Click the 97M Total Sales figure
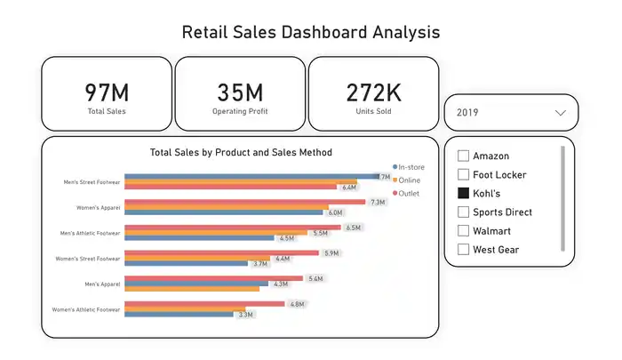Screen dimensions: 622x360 [107, 92]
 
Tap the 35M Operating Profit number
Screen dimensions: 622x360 [240, 92]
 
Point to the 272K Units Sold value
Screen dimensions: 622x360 [374, 92]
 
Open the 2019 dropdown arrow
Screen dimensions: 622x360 [560, 113]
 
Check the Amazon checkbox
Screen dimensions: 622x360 [463, 156]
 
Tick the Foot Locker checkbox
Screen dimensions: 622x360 [463, 174]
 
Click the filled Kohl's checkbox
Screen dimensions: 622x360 [463, 193]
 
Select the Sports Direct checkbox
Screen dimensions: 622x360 [463, 212]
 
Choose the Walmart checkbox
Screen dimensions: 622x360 [463, 230]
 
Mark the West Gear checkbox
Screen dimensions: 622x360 [463, 249]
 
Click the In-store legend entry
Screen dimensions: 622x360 [409, 167]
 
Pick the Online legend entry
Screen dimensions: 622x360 [407, 180]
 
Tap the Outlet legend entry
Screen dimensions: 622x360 [406, 193]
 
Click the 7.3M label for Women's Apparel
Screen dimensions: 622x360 [378, 203]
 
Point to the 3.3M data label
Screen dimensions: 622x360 [245, 315]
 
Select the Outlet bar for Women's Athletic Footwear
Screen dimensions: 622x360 [204, 304]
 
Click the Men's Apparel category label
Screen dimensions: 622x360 [102, 284]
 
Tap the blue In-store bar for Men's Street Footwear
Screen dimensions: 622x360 [251, 176]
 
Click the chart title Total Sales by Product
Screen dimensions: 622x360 [241, 152]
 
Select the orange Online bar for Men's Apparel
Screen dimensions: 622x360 [192, 289]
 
